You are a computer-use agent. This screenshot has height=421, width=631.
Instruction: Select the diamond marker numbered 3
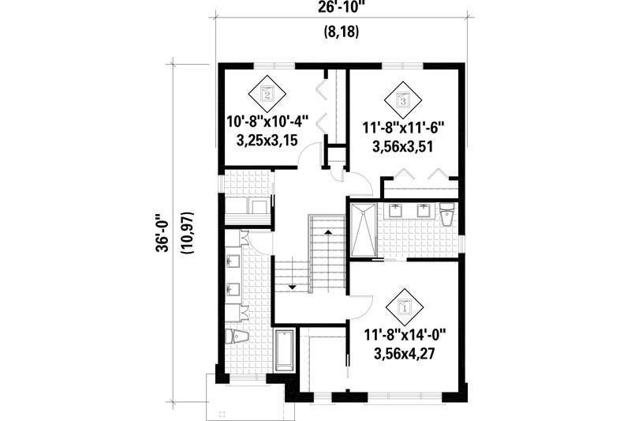[x=402, y=100]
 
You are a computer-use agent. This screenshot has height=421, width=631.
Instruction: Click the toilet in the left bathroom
[x=237, y=337]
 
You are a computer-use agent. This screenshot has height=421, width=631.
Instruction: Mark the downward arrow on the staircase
[x=291, y=287]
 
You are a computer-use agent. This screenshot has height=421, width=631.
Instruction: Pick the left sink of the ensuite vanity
[x=396, y=210]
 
